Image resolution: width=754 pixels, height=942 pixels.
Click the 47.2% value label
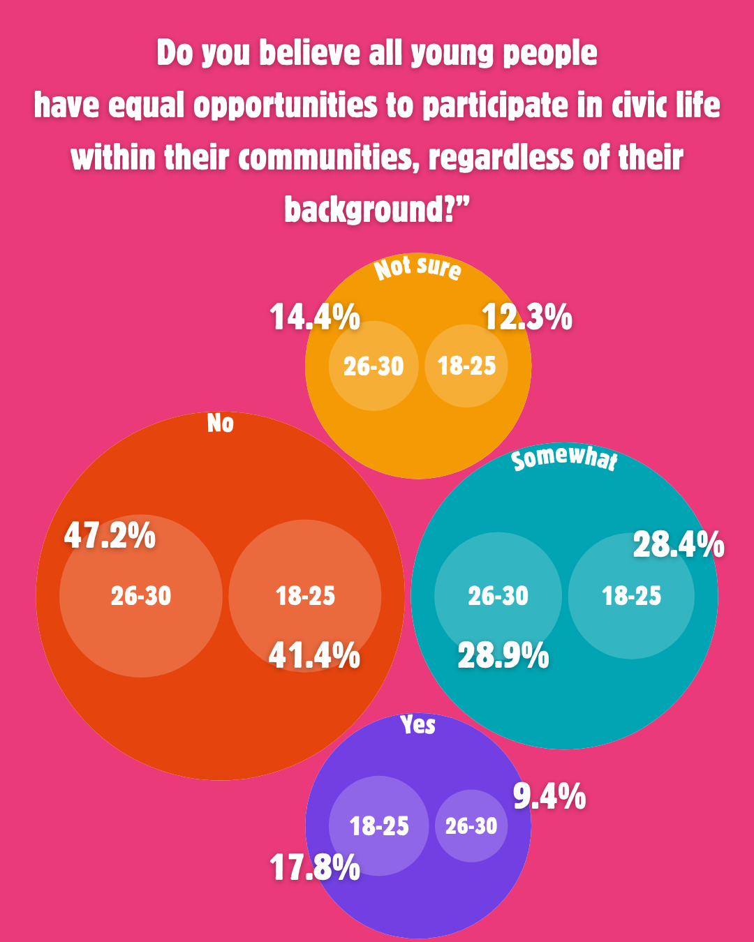point(110,536)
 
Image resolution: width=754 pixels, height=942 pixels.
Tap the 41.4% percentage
point(314,656)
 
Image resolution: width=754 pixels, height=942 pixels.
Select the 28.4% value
point(678,545)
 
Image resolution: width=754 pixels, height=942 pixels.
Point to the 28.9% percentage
point(503,656)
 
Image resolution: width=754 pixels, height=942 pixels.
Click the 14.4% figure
point(315,317)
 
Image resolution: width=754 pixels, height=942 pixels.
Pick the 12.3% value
point(527,317)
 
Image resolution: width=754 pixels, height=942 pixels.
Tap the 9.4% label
point(549,797)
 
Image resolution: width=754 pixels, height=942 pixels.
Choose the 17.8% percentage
point(315,868)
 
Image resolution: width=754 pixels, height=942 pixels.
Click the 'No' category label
point(221,424)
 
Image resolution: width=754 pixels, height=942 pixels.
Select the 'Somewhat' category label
point(564,459)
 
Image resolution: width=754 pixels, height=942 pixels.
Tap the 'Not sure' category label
point(417,268)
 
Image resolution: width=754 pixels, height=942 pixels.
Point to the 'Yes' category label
point(418,725)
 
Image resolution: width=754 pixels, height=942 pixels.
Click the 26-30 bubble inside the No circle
point(141,595)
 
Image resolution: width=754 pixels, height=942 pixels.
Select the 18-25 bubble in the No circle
point(305,595)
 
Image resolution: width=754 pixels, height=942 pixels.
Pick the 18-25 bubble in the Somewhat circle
point(631,595)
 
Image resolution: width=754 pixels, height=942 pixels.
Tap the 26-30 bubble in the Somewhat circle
point(498,595)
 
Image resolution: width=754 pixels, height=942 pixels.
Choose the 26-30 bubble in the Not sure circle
point(374,366)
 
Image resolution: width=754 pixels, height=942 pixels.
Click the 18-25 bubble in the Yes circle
point(379,826)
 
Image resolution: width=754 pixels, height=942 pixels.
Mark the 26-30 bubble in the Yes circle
point(471,826)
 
